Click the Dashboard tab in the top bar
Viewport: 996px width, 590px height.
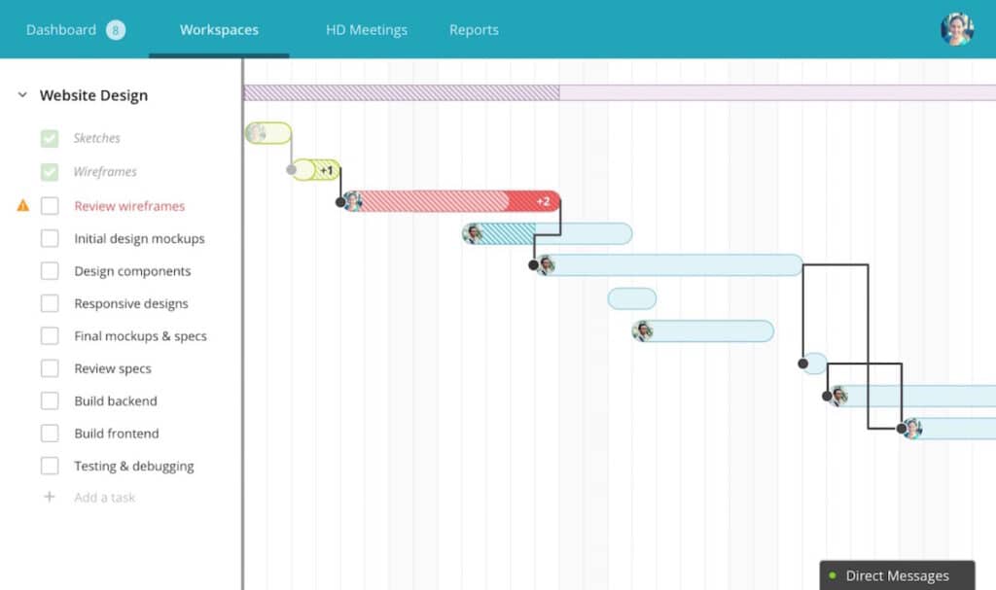pyautogui.click(x=61, y=30)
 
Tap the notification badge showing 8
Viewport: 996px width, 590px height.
pyautogui.click(x=116, y=30)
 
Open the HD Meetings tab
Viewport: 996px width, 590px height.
pyautogui.click(x=367, y=30)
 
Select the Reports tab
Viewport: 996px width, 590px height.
pyautogui.click(x=474, y=30)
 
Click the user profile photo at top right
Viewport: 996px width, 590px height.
pyautogui.click(x=957, y=28)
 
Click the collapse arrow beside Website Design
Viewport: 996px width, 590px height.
pyautogui.click(x=22, y=95)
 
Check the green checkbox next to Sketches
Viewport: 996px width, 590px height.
pyautogui.click(x=50, y=138)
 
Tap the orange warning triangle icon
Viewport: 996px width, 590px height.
pyautogui.click(x=23, y=205)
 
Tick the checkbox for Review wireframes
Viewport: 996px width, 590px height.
pyautogui.click(x=50, y=206)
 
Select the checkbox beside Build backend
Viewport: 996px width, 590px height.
pyautogui.click(x=50, y=400)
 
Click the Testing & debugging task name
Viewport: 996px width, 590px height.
pyautogui.click(x=134, y=467)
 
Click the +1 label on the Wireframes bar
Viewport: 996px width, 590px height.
pyautogui.click(x=327, y=170)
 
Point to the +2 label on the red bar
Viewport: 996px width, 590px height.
pyautogui.click(x=543, y=201)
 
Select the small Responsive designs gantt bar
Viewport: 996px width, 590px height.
pyautogui.click(x=632, y=298)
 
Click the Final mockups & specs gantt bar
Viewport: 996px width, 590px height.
pyautogui.click(x=702, y=330)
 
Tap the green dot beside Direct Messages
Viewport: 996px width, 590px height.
pyautogui.click(x=833, y=575)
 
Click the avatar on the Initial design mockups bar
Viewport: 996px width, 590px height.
pyautogui.click(x=472, y=233)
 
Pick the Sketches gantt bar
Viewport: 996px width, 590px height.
pyautogui.click(x=268, y=133)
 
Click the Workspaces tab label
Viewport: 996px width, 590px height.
pyautogui.click(x=219, y=30)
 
